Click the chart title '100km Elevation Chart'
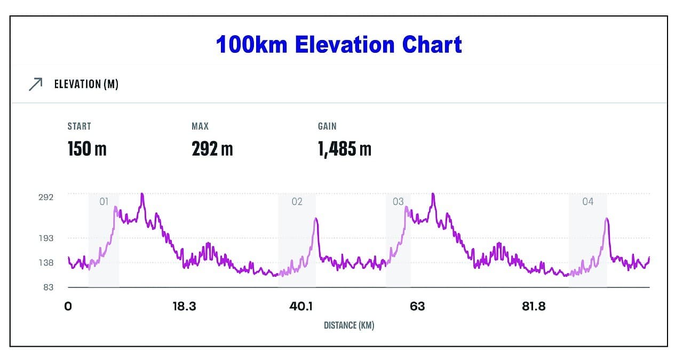(339, 45)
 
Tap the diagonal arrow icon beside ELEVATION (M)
(35, 84)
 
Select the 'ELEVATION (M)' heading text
(86, 84)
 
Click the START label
(79, 126)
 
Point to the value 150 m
(87, 149)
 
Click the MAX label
(200, 126)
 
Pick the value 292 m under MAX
(212, 149)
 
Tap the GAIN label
(327, 126)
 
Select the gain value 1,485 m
(345, 149)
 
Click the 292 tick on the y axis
(46, 197)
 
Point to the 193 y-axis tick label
(46, 238)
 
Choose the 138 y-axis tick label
(46, 262)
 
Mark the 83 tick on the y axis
(48, 287)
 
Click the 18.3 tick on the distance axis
(184, 307)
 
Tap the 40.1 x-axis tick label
(301, 307)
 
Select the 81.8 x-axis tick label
(534, 307)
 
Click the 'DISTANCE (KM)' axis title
(349, 325)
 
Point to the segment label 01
(104, 202)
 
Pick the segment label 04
(587, 202)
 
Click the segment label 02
(297, 202)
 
